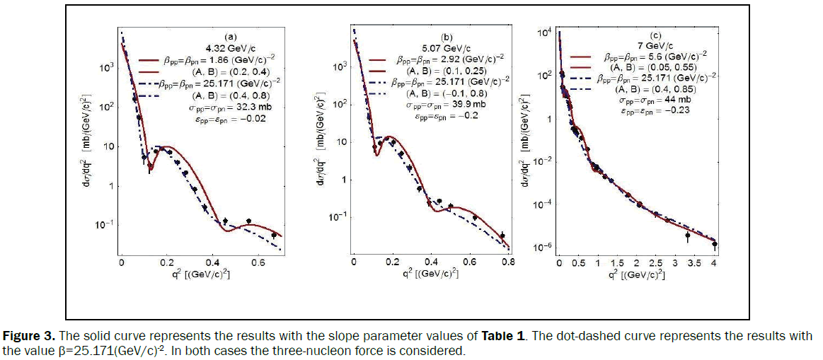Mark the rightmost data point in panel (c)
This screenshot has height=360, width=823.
pyautogui.click(x=715, y=244)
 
